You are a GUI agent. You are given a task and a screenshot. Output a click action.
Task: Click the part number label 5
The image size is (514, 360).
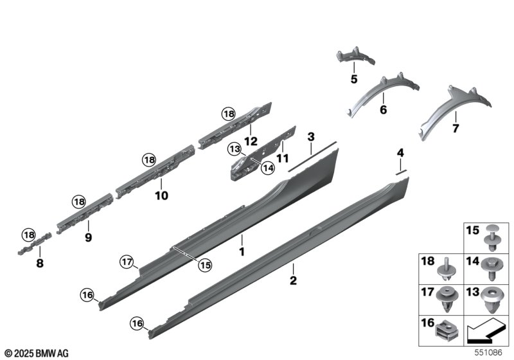354,79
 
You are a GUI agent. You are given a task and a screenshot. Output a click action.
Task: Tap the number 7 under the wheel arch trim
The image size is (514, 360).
456,129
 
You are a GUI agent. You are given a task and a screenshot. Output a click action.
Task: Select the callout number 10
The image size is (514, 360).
161,195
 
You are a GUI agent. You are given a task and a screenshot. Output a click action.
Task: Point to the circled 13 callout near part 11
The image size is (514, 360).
235,150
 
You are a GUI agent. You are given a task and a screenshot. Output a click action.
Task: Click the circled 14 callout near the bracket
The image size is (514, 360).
268,168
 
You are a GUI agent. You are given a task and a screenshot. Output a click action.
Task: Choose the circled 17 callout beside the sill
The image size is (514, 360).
127,262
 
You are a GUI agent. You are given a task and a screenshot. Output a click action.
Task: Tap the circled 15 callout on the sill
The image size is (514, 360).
205,265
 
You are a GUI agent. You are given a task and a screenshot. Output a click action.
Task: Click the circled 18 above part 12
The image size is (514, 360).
229,114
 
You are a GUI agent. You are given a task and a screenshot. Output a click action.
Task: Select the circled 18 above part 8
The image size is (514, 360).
29,235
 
